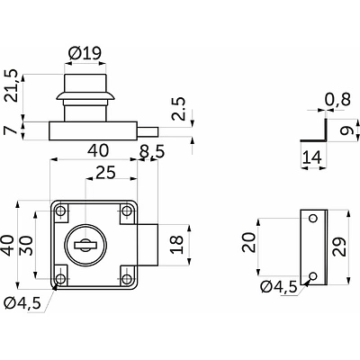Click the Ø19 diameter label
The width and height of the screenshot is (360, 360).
(85, 53)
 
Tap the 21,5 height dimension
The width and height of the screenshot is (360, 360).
(13, 86)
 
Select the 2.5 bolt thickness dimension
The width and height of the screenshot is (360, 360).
(179, 109)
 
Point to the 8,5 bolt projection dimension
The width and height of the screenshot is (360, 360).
(152, 152)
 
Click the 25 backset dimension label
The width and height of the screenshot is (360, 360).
(105, 173)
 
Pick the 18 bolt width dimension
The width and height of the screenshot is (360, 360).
(176, 245)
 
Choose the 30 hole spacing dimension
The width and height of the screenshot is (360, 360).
(26, 245)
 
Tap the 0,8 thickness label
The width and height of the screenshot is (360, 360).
(337, 99)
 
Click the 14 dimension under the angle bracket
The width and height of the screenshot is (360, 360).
(312, 157)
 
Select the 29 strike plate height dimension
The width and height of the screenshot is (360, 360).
(339, 247)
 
